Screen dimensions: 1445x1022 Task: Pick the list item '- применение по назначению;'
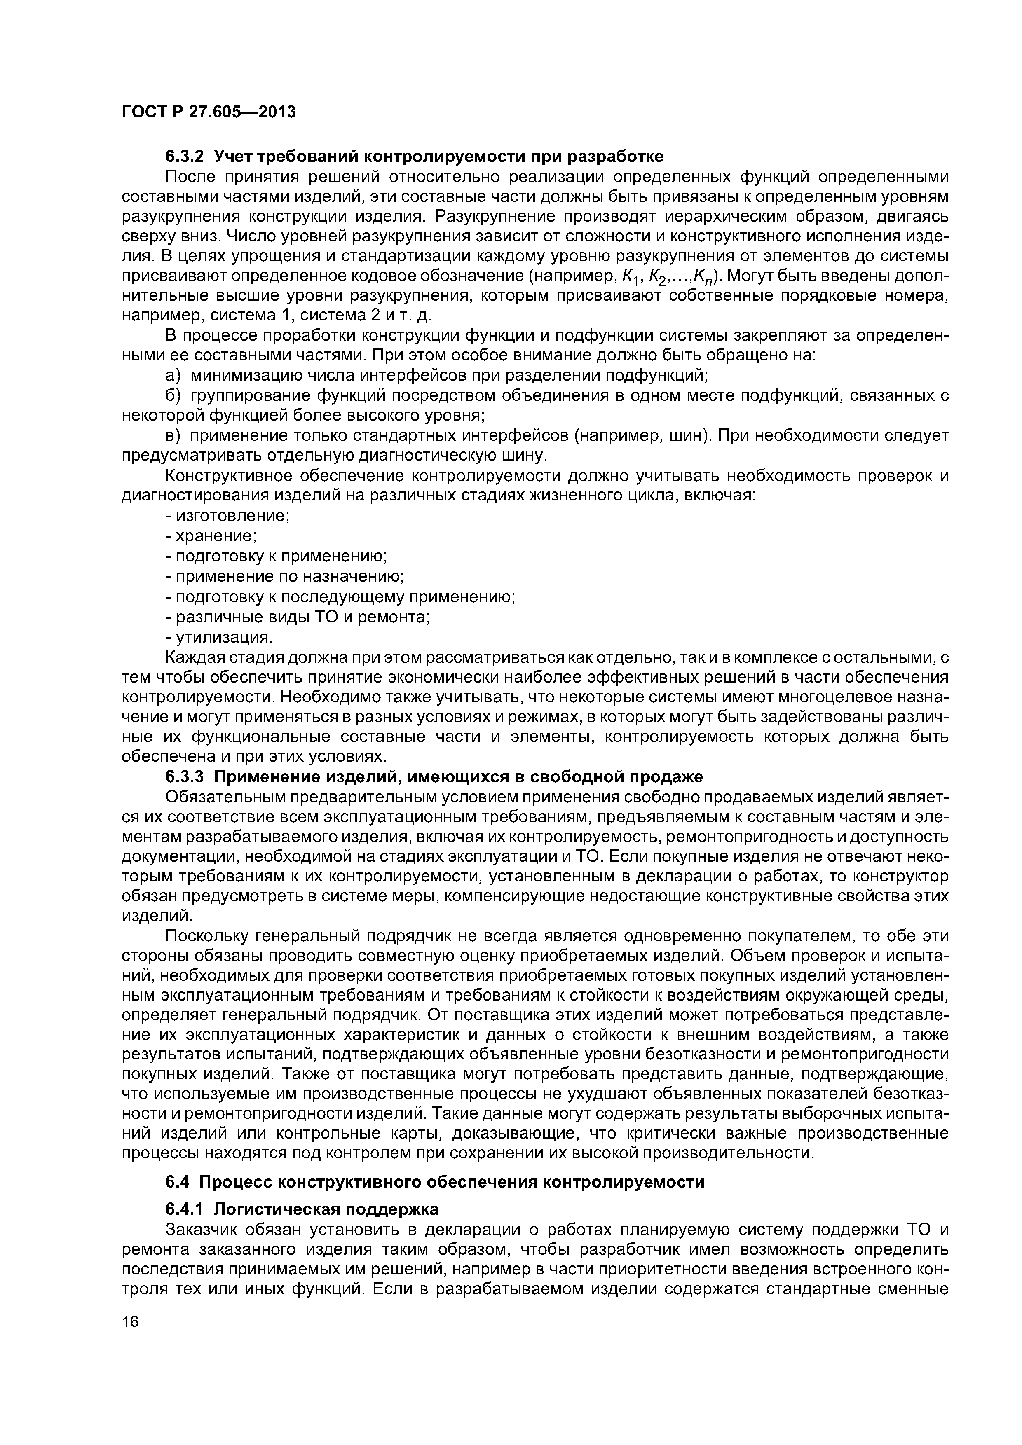(284, 577)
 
